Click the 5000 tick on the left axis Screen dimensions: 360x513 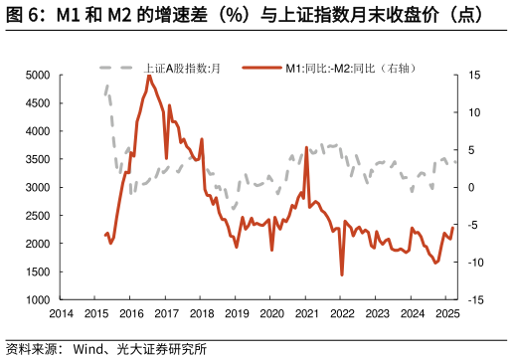click(x=36, y=75)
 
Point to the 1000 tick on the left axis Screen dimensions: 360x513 click(x=36, y=299)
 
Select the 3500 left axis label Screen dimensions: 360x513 click(x=36, y=159)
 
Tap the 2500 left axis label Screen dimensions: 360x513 click(x=36, y=215)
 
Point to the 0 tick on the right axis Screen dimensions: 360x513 click(x=469, y=187)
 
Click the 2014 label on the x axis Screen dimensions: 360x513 click(x=61, y=313)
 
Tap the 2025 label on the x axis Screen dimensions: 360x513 click(x=447, y=313)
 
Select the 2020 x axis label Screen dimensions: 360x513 click(x=271, y=313)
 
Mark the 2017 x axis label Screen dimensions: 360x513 click(x=166, y=313)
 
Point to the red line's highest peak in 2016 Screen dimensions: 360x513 click(x=149, y=76)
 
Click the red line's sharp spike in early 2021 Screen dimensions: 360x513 click(x=306, y=147)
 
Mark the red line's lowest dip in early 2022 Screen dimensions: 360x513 click(x=342, y=274)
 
